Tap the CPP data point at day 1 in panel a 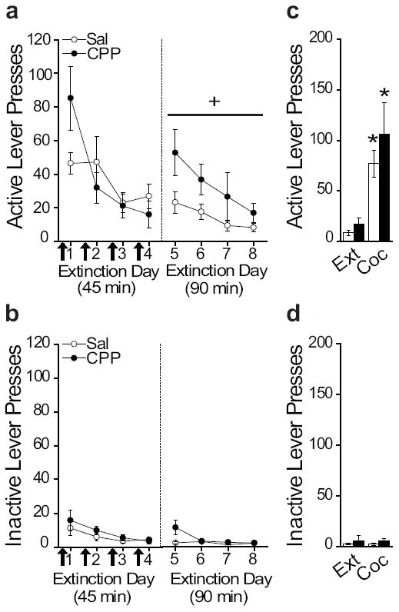(71, 98)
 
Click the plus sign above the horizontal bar (214, 102)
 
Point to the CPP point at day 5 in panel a (176, 152)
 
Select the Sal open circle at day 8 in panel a (253, 228)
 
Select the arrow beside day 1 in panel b (62, 556)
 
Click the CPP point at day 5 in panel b (176, 527)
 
